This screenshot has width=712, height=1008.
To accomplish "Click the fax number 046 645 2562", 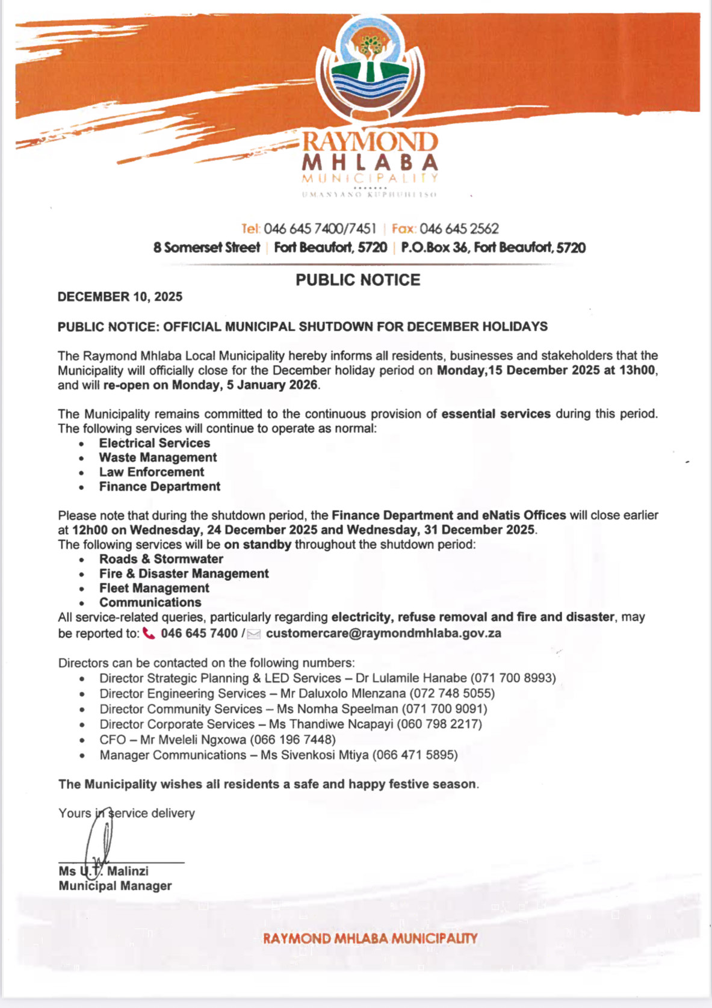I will tap(459, 229).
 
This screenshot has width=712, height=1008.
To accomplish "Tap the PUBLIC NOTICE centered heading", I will tap(358, 280).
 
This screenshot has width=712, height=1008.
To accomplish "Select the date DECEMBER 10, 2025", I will tap(120, 297).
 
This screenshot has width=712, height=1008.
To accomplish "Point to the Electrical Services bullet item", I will tap(155, 443).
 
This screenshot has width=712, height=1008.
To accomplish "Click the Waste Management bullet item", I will tap(158, 457).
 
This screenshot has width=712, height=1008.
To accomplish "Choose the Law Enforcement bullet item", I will tap(152, 472).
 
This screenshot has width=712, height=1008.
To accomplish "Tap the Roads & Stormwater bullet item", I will tap(161, 559).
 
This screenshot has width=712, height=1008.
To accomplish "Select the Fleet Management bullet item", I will tap(154, 588).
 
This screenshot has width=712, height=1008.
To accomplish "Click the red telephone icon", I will tap(149, 634).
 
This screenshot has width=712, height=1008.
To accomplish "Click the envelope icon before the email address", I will tap(254, 634).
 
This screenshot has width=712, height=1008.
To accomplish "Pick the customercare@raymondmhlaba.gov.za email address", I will tap(383, 633).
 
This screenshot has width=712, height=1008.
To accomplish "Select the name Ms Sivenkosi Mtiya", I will tap(314, 755).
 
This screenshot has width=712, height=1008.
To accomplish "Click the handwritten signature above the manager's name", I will tap(100, 839).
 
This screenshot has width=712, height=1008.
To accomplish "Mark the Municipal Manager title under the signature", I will tap(115, 886).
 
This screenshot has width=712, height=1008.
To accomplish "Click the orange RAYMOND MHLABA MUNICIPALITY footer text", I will tap(370, 938).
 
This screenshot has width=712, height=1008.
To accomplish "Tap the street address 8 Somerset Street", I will tap(206, 247).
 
